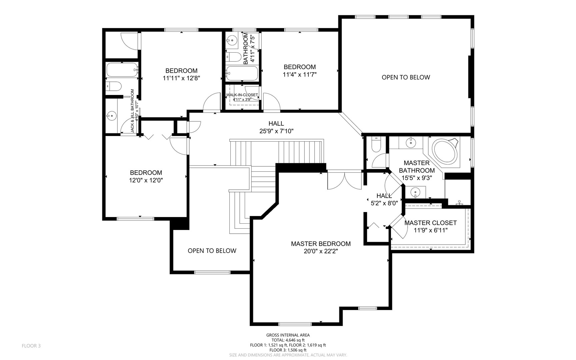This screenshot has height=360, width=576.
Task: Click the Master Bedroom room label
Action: (x=321, y=244)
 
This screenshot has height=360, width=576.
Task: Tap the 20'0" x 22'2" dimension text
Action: (x=321, y=251)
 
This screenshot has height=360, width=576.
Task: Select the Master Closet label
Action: (x=430, y=223)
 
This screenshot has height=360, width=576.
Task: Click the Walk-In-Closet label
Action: (x=242, y=95)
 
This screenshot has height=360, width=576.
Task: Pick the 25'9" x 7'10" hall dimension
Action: (x=276, y=131)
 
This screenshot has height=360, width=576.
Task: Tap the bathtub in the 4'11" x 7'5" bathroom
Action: (x=242, y=73)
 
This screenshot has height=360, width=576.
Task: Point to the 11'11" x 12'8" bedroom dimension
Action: (x=181, y=78)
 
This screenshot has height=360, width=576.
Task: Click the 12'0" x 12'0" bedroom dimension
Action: (x=146, y=180)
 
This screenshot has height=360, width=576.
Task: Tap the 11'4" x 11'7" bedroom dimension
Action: (x=300, y=75)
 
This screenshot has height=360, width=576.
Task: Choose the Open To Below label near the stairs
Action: (x=212, y=251)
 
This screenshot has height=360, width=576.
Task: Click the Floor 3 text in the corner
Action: (x=31, y=346)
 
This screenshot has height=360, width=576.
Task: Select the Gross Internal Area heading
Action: (x=288, y=335)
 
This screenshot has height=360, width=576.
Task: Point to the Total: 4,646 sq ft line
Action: (x=288, y=340)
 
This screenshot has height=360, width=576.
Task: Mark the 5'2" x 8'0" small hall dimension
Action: (x=384, y=203)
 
